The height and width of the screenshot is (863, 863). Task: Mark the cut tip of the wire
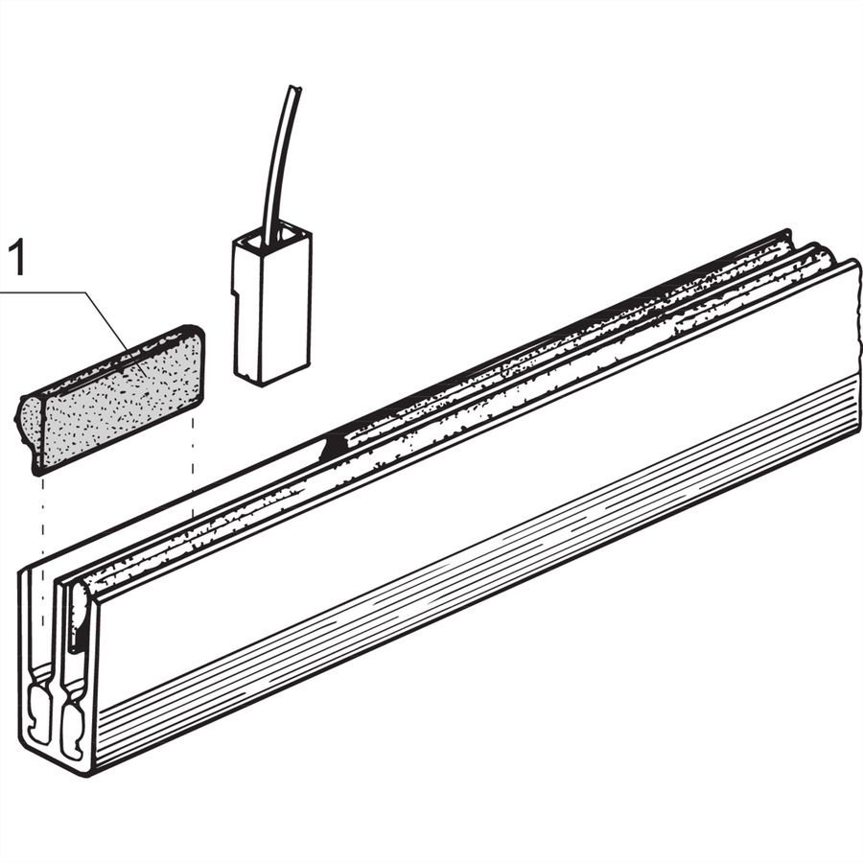tap(295, 87)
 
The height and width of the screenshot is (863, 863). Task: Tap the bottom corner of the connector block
tap(260, 383)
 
